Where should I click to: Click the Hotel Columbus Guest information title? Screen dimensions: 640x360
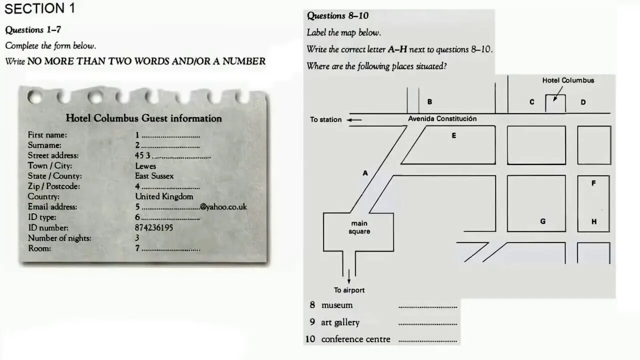[x=143, y=118]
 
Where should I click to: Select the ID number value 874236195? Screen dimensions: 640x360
[x=154, y=227]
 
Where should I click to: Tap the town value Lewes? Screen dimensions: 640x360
[x=145, y=166]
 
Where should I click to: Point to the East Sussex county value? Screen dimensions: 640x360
[x=154, y=176]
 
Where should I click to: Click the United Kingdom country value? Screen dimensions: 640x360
[x=164, y=196]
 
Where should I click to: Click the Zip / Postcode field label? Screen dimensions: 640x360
[x=54, y=186]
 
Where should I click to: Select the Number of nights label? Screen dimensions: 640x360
[x=59, y=238]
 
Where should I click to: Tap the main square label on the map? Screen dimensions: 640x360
[x=359, y=227]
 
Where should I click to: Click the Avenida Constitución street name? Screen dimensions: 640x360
[x=442, y=119]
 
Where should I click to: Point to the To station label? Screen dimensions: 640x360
[x=325, y=119]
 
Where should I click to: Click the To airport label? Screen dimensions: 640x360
[x=349, y=290]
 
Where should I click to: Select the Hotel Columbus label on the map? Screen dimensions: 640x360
[x=568, y=80]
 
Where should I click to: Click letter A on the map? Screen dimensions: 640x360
[x=365, y=173]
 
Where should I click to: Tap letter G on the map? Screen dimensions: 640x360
[x=542, y=221]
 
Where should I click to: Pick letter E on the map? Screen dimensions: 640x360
[x=453, y=135]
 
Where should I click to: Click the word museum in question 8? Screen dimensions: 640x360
[x=336, y=305]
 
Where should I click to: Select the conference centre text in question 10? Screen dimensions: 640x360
[x=355, y=339]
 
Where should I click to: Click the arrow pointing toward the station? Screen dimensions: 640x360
[x=354, y=120]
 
